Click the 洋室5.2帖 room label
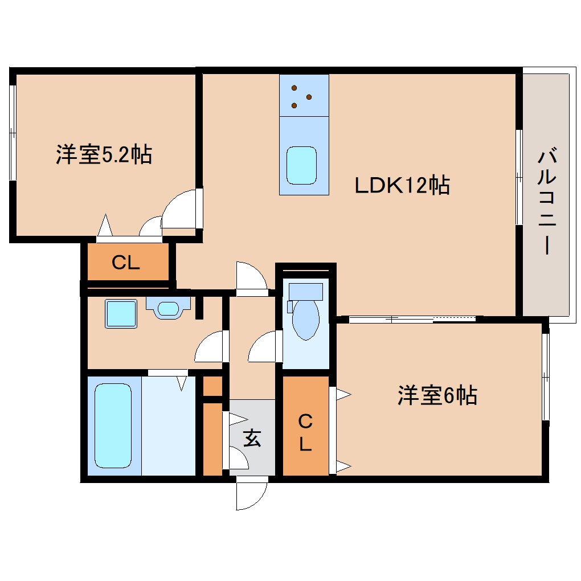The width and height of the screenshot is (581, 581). [104, 155]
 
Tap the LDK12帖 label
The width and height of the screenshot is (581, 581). [402, 185]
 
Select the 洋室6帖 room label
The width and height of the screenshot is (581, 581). [437, 395]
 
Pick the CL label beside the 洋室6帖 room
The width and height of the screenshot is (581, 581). [306, 433]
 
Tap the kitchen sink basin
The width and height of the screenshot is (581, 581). [301, 165]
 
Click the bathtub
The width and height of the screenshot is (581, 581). [112, 425]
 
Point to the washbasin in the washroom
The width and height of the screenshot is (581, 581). [167, 309]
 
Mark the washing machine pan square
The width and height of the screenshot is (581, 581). [121, 314]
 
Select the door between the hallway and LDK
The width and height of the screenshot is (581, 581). [251, 278]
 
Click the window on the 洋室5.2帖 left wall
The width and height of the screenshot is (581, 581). [13, 134]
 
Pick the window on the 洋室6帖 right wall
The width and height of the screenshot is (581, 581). [546, 377]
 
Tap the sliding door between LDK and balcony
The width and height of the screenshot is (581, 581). [519, 177]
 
